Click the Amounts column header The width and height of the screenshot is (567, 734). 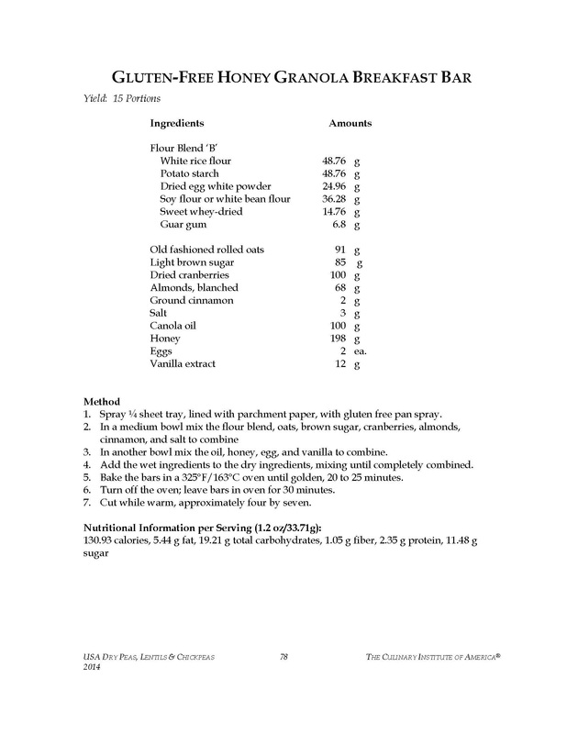(350, 122)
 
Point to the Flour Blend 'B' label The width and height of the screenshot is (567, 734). (182, 147)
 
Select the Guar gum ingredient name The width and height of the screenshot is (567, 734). (184, 224)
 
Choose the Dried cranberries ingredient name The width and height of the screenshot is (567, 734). (189, 274)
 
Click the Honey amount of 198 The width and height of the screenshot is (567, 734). (336, 339)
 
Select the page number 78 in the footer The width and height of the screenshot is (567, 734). (283, 652)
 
